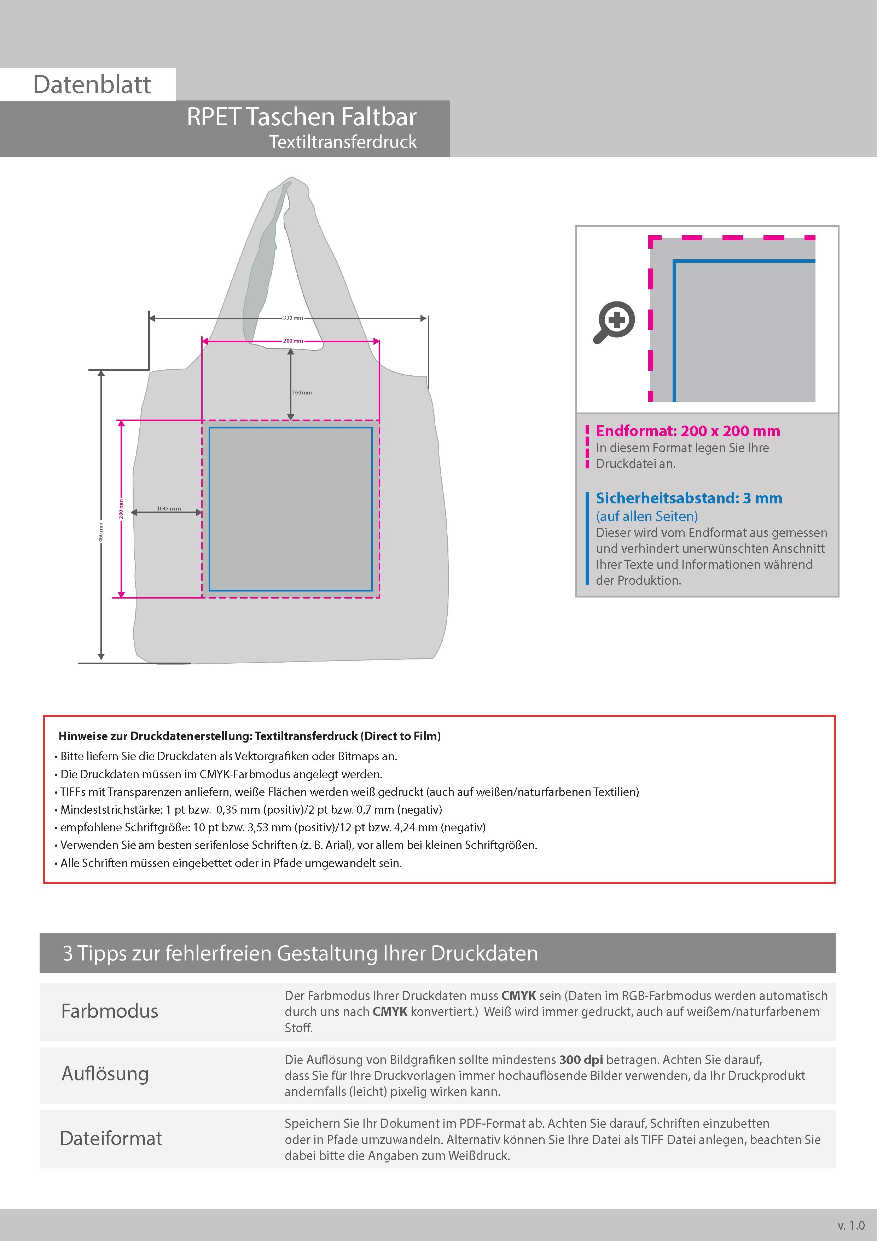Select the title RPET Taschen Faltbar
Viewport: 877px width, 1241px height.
coord(302,117)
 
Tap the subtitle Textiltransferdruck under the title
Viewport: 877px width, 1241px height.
coord(343,142)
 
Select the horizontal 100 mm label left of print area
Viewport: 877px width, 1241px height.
coord(169,509)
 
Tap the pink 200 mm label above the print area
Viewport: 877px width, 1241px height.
coord(293,341)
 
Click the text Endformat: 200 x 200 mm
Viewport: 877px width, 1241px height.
coord(687,431)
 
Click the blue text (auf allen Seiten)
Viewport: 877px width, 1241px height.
coord(646,516)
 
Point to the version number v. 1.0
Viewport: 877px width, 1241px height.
coord(851,1224)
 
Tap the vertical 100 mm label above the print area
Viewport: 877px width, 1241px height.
coord(302,392)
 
